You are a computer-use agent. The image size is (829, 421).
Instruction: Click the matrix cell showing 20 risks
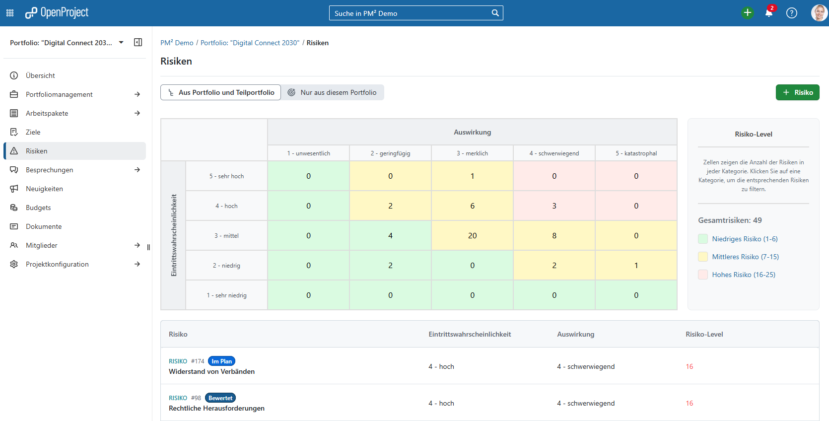click(x=472, y=235)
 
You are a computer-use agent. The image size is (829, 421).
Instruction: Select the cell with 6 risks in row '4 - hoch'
click(x=472, y=206)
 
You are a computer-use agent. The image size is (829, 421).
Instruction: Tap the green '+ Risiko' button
click(x=797, y=92)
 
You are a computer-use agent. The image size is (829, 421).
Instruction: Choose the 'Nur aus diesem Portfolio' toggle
click(x=333, y=92)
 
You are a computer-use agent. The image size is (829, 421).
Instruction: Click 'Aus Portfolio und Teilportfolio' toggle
click(x=221, y=92)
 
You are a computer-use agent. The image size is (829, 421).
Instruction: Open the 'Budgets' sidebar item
click(x=38, y=208)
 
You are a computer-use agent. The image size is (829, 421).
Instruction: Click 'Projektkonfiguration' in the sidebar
click(x=57, y=264)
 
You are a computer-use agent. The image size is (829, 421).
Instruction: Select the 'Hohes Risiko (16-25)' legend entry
click(x=743, y=275)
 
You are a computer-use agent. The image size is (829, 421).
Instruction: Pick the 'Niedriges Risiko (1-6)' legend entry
click(x=744, y=239)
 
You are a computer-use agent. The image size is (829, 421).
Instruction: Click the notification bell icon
click(x=768, y=13)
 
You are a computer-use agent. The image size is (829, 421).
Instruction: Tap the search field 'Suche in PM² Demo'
click(x=411, y=13)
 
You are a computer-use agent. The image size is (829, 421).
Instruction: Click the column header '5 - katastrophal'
click(x=636, y=153)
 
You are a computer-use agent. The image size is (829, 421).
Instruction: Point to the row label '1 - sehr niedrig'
click(x=226, y=295)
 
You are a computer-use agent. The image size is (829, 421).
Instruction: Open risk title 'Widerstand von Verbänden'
click(x=211, y=371)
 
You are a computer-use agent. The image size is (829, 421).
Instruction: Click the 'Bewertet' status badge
click(x=220, y=398)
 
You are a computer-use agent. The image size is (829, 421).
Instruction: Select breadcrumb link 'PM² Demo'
click(x=177, y=43)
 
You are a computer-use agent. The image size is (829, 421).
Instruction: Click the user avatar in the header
click(x=819, y=13)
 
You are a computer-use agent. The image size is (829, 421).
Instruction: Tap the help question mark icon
click(x=791, y=13)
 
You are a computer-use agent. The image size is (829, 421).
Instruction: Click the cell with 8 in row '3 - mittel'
click(x=554, y=235)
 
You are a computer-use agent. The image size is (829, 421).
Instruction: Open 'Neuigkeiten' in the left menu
click(x=44, y=189)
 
